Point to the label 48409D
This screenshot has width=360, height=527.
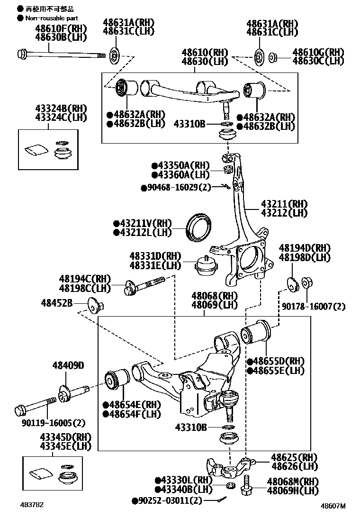tap(68, 365)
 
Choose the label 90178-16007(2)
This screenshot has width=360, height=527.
tap(314, 307)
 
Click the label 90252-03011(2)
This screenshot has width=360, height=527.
tap(167, 500)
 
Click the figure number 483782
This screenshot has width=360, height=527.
tap(32, 505)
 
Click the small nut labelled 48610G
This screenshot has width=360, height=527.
tap(273, 58)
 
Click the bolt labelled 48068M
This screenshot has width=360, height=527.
tap(246, 489)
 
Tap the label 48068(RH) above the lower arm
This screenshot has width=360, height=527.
tap(215, 296)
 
